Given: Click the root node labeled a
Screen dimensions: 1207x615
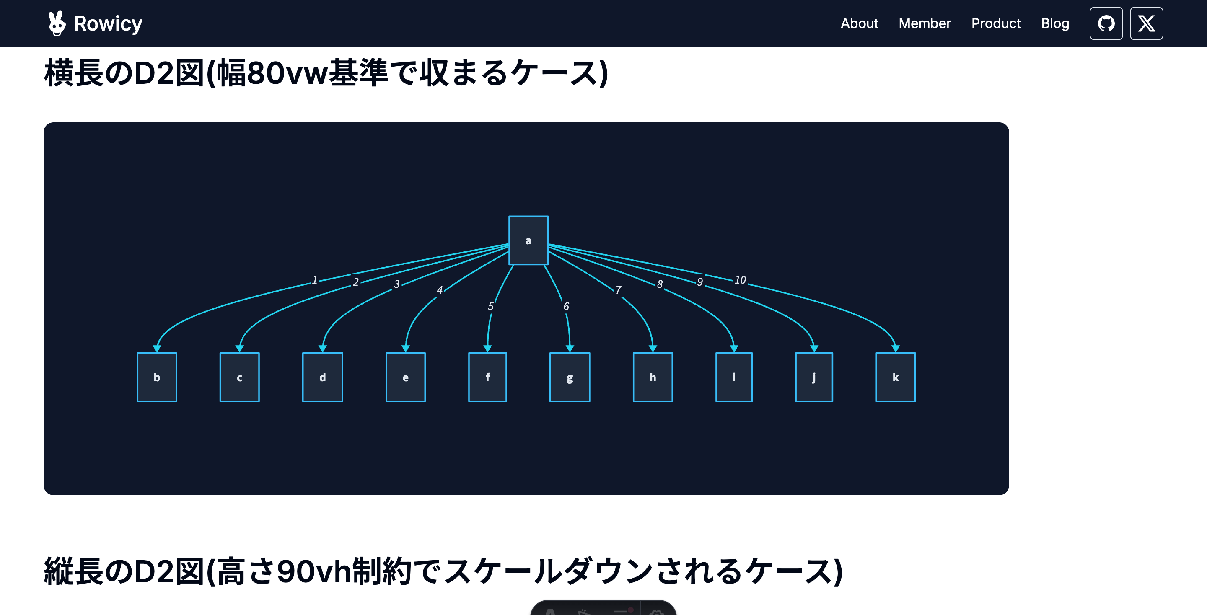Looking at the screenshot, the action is [x=528, y=240].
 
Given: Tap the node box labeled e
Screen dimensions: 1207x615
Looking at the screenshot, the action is [x=405, y=377].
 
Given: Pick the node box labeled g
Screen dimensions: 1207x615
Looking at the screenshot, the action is [x=570, y=377].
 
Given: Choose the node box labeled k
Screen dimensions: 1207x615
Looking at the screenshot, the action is [x=896, y=377].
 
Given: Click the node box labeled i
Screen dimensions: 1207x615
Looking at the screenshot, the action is [x=734, y=377].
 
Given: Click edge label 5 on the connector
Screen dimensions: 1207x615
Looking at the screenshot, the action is [x=491, y=306].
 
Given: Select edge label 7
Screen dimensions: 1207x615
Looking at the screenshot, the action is [x=619, y=290].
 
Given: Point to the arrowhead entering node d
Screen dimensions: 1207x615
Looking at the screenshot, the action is [x=322, y=349].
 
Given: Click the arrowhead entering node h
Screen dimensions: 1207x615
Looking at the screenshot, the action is [x=653, y=349].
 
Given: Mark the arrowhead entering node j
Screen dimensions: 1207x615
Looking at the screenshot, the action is [x=814, y=349].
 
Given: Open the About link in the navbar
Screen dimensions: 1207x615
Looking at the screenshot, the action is [x=859, y=23].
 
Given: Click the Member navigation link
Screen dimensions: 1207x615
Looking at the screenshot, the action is [x=925, y=23].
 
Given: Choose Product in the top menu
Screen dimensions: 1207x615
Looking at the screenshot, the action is [x=996, y=23].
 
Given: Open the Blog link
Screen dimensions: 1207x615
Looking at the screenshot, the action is [x=1055, y=23].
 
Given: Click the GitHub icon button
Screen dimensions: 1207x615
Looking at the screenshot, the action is [x=1106, y=23].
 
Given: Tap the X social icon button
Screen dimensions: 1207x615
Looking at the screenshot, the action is [x=1146, y=23].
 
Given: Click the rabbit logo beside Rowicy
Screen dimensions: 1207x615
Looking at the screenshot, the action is [x=57, y=23].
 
